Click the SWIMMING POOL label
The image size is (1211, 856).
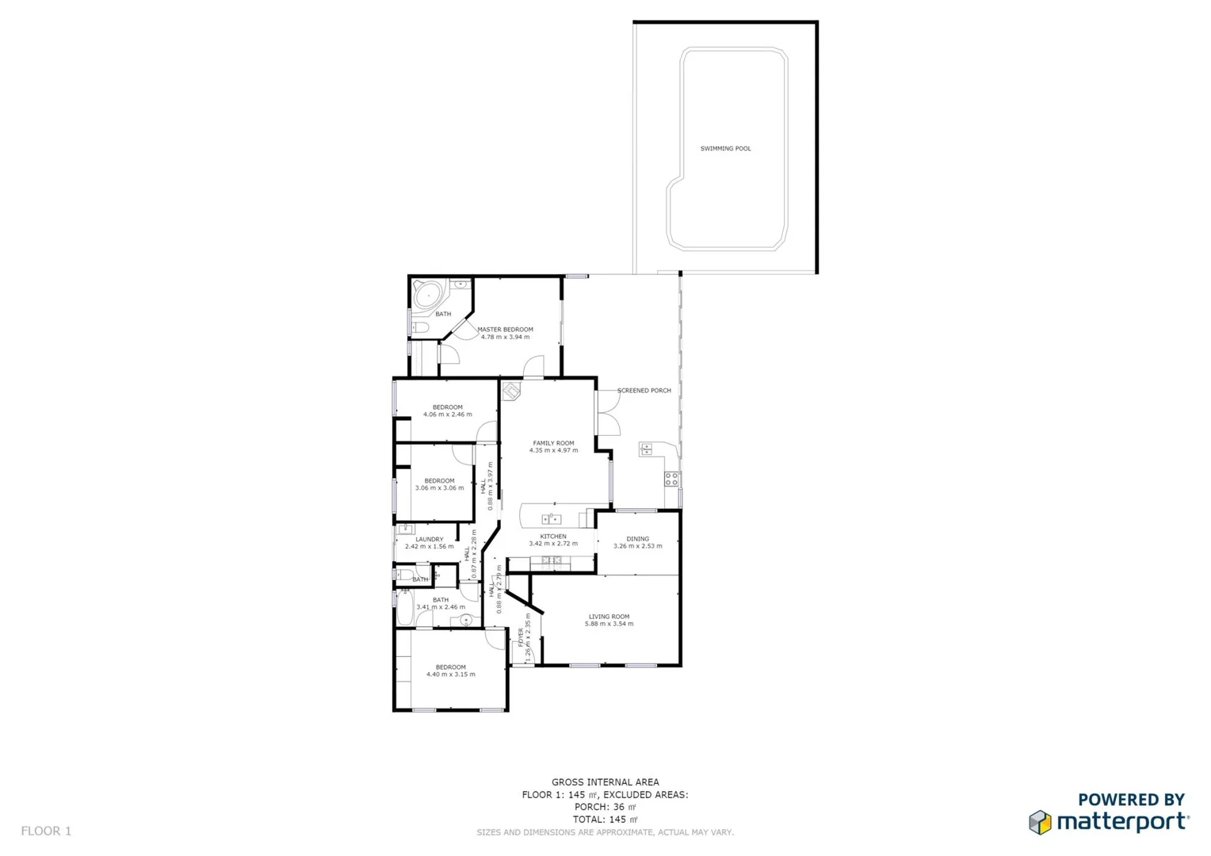[725, 149]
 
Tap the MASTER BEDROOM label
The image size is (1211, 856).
[505, 330]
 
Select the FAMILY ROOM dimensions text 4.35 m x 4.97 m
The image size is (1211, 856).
[553, 451]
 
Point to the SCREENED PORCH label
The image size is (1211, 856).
[644, 391]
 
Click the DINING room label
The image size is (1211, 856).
[637, 539]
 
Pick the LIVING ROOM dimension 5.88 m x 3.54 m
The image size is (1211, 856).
[609, 624]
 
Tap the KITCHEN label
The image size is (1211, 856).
[553, 537]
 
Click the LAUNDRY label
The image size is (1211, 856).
[430, 540]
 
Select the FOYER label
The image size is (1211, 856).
[521, 637]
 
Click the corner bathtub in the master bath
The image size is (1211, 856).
[429, 296]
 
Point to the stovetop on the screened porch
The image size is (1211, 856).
[671, 479]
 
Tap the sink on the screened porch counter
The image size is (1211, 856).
[646, 449]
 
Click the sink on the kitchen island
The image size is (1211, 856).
[551, 519]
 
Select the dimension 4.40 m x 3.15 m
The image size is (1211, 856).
[450, 674]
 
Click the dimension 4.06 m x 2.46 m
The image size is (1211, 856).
[447, 415]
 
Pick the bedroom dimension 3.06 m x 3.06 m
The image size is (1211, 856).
[439, 488]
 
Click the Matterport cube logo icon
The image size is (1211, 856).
[1040, 822]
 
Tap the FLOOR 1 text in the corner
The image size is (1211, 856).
[46, 831]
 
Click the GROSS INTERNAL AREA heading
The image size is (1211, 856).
[605, 782]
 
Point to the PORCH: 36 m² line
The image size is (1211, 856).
[605, 807]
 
